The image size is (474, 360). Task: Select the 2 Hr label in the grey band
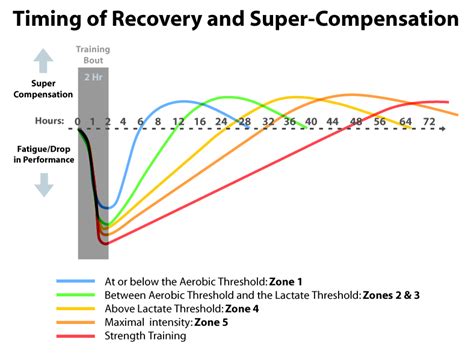click(93, 75)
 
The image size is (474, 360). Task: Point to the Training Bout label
click(93, 55)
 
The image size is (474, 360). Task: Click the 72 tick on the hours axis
click(430, 122)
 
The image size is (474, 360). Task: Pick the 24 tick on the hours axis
click(223, 122)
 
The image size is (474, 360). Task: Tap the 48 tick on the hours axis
click(356, 122)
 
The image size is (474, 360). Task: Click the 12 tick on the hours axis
click(178, 122)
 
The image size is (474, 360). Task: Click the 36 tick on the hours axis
click(289, 122)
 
